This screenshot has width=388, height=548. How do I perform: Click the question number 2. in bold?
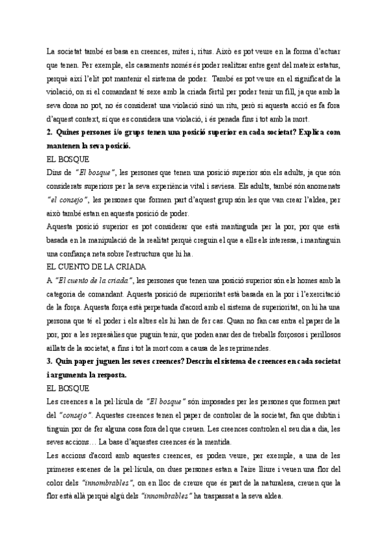pos(51,132)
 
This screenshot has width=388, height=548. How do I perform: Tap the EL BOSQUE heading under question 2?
pos(68,158)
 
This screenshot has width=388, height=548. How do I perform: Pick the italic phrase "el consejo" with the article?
pos(70,200)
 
